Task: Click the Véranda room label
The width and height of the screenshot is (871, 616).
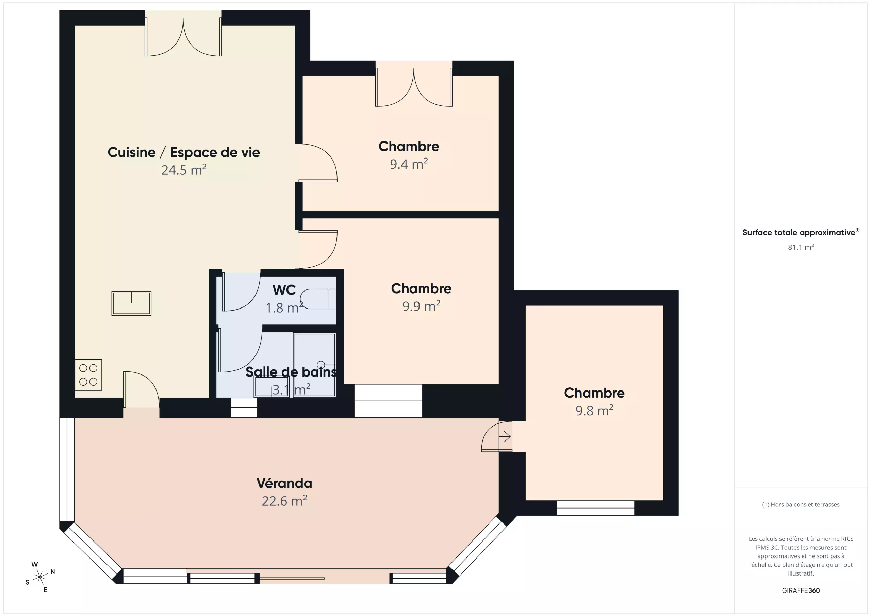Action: [x=284, y=483]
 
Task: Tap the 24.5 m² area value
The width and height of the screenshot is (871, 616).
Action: [x=184, y=170]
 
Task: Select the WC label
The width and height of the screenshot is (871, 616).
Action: [x=284, y=290]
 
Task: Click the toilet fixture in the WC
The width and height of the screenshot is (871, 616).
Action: [x=318, y=299]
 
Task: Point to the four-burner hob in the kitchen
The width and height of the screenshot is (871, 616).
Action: [x=88, y=375]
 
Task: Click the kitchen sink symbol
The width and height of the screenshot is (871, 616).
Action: [x=131, y=303]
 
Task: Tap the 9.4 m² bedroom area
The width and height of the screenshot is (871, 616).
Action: [x=409, y=164]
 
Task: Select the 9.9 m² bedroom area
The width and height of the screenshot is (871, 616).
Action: [x=422, y=306]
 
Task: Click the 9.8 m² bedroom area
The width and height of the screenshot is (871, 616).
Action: [x=594, y=411]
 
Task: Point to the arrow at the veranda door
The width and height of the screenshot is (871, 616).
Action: [x=505, y=437]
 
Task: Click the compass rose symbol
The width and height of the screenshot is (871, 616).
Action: [x=40, y=577]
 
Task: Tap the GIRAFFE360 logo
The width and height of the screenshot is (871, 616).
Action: [x=801, y=590]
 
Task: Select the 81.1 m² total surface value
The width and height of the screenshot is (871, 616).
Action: [x=801, y=247]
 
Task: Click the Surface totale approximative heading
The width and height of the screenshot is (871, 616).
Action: [x=799, y=232]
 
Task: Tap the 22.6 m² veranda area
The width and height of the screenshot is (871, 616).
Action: [x=284, y=501]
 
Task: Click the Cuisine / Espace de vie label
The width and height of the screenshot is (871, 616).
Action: [x=184, y=152]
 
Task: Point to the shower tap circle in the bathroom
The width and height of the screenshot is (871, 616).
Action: [x=321, y=365]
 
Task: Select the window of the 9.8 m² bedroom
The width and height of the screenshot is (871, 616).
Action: [x=595, y=508]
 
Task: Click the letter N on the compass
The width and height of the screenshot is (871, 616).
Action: [x=53, y=572]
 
